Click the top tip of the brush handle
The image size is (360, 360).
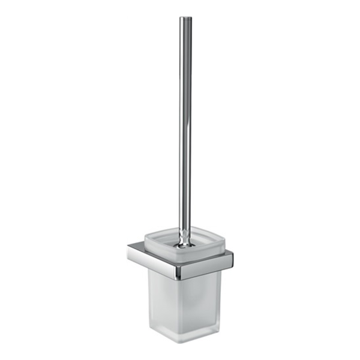[x=185, y=18]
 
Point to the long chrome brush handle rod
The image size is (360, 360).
[x=185, y=120]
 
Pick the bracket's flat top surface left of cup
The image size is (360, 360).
[x=137, y=247]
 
